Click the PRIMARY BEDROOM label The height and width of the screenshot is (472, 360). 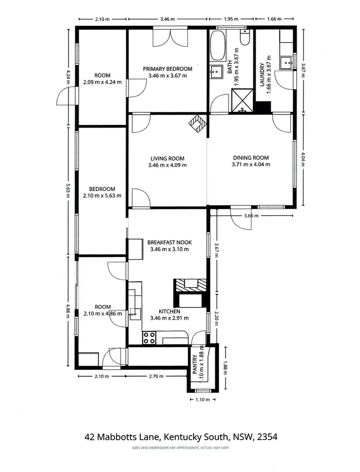(167, 69)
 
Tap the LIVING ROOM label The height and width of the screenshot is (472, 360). (167, 159)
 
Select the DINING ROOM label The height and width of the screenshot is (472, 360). (251, 158)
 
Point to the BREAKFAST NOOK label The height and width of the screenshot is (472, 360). (170, 242)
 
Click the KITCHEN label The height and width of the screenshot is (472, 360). (170, 312)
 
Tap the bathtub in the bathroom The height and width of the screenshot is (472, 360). (217, 45)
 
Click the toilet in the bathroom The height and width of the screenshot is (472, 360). (245, 37)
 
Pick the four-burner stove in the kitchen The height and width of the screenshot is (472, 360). (149, 337)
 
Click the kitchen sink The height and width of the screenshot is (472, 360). (135, 314)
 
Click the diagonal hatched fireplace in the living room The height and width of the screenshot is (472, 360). (198, 123)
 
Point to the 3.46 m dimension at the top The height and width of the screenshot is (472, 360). (167, 19)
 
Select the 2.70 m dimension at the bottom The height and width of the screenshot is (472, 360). (156, 376)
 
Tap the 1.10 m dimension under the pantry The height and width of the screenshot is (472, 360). (203, 400)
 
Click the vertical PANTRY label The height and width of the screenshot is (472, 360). (195, 364)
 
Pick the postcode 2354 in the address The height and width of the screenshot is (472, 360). (267, 437)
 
